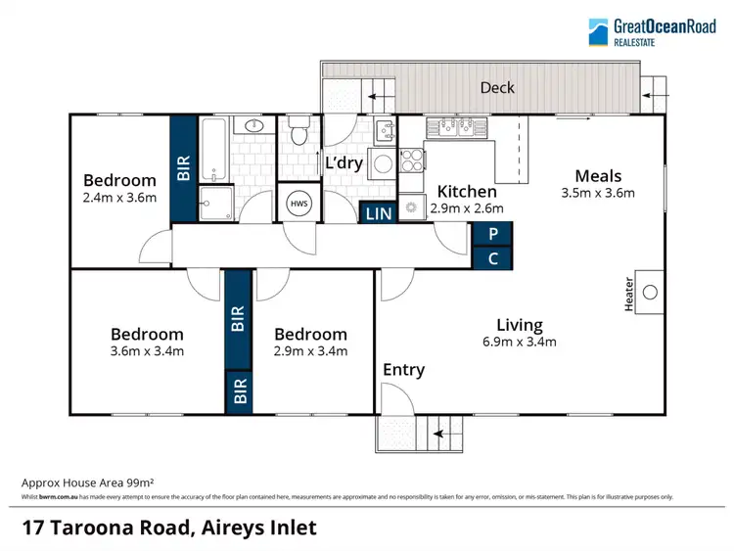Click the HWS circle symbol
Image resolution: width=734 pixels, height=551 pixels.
(297, 203)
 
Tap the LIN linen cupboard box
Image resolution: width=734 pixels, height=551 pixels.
(378, 212)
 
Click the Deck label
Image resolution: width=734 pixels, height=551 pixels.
(497, 87)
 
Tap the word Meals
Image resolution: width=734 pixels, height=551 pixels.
(598, 176)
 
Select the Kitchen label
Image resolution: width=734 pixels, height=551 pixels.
(467, 191)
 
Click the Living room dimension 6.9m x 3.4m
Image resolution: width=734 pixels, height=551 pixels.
(520, 342)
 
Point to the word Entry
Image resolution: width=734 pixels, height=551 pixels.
(403, 370)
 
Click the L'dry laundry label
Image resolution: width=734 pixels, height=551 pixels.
(344, 163)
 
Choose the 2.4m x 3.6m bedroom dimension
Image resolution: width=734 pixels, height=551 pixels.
(119, 197)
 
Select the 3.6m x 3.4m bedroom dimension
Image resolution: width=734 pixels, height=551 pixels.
(147, 350)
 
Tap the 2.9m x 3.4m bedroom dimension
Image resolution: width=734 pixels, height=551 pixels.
(310, 350)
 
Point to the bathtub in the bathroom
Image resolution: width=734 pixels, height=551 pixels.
(214, 149)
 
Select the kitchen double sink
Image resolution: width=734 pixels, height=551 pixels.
(458, 124)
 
